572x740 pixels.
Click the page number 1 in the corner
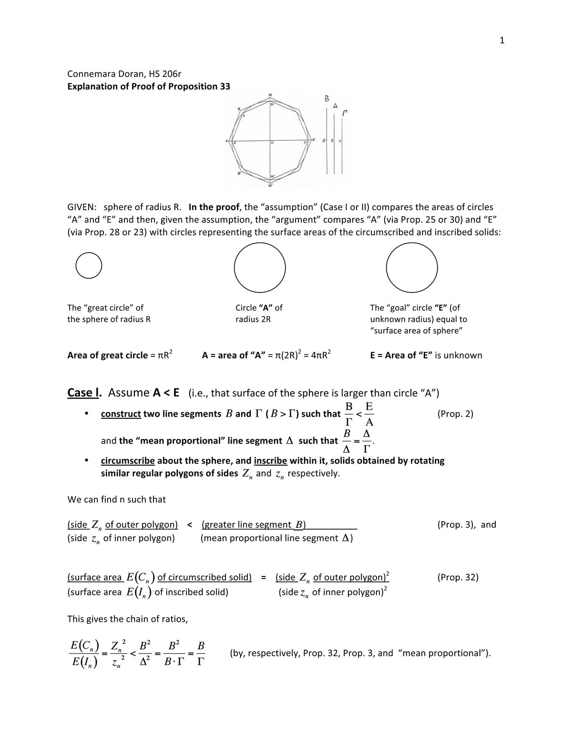(501, 41)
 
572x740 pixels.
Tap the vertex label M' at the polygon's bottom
(270, 185)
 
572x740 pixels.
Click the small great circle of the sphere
(89, 265)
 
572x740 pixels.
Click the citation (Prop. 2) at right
(455, 414)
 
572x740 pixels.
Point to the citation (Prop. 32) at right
(458, 577)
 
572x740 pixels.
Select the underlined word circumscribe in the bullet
(127, 461)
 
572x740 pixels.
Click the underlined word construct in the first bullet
(121, 414)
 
